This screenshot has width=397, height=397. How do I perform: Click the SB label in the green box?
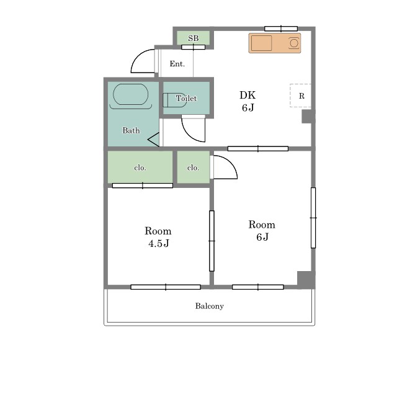click(x=193, y=38)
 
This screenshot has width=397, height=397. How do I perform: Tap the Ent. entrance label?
click(x=177, y=63)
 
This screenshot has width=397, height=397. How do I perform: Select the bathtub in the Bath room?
click(x=130, y=94)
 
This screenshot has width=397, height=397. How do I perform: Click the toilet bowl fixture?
click(x=175, y=100)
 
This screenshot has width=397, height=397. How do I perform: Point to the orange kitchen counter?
click(x=275, y=43)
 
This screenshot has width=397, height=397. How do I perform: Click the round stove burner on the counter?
click(x=294, y=43)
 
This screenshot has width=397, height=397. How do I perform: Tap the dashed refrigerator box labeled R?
click(x=300, y=96)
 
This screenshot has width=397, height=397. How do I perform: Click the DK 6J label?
click(x=248, y=101)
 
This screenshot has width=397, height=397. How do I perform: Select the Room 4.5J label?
click(x=158, y=237)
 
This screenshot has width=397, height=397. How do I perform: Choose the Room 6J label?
click(x=262, y=231)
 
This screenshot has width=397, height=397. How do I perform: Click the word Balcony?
click(x=210, y=306)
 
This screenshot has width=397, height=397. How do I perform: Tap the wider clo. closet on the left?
click(x=140, y=167)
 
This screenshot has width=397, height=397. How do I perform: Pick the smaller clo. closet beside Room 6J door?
click(x=193, y=167)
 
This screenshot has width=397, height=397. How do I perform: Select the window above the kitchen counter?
click(x=281, y=29)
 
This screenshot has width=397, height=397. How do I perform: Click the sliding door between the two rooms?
click(x=212, y=241)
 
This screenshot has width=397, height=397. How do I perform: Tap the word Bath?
click(x=131, y=130)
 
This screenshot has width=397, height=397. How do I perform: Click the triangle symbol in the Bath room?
click(x=154, y=139)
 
